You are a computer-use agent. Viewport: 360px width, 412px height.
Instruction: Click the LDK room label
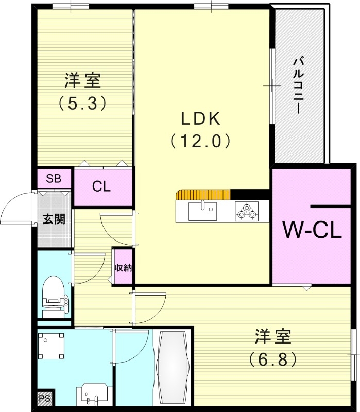pyautogui.click(x=200, y=118)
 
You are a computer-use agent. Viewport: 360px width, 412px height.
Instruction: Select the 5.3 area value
pyautogui.click(x=82, y=104)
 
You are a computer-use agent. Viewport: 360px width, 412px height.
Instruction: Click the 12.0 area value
pyautogui.click(x=200, y=140)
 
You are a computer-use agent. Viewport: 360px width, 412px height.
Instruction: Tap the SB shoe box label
pyautogui.click(x=54, y=179)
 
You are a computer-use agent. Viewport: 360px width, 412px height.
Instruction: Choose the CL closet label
pyautogui.click(x=101, y=186)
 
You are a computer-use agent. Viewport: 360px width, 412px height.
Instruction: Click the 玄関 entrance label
pyautogui.click(x=54, y=219)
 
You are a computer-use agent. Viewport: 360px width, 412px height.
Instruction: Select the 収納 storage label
pyautogui.click(x=123, y=267)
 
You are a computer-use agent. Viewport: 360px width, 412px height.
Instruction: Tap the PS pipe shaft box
pyautogui.click(x=44, y=398)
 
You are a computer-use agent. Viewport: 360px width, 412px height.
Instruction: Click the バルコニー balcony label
pyautogui.click(x=297, y=85)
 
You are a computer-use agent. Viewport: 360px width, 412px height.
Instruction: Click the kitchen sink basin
pyautogui.click(x=202, y=211)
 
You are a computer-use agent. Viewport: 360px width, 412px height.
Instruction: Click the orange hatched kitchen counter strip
pyautogui.click(x=203, y=194)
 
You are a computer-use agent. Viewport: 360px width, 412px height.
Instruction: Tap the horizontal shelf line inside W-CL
pyautogui.click(x=330, y=206)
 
